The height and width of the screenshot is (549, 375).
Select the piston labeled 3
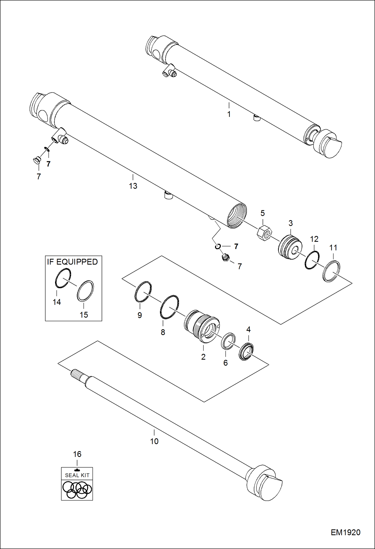pos(290,247)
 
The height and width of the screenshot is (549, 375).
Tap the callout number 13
pos(133,186)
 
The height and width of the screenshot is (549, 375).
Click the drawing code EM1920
pos(345,532)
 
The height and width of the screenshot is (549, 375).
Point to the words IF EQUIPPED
pos(72,262)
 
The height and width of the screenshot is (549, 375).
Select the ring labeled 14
pos(63,278)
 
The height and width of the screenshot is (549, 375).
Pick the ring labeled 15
pos(85,291)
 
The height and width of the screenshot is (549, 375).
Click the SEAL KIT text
pos(77,475)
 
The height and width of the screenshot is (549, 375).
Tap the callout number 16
pos(77,454)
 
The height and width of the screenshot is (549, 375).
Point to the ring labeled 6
pos(228,341)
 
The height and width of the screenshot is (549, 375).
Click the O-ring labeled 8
pos(169,307)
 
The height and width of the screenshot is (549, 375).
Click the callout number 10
pos(154,441)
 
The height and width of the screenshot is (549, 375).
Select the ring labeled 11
pos(331,271)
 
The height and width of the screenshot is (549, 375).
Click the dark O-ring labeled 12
pos(312,260)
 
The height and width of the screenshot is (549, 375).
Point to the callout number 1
pos(229,114)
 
